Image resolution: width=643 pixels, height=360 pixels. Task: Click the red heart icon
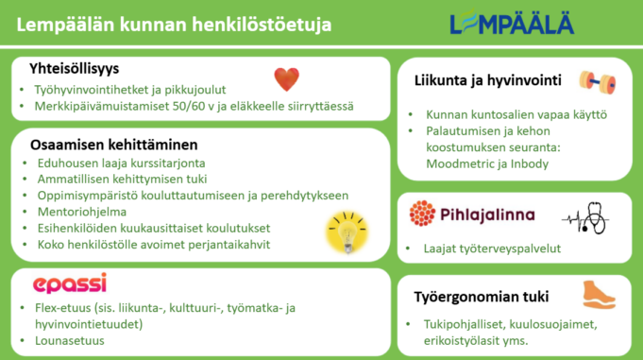tap(287, 78)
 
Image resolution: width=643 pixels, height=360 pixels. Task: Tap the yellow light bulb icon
tap(347, 232)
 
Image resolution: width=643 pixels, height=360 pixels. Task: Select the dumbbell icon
tap(598, 82)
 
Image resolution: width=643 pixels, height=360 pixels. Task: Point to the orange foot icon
tap(600, 295)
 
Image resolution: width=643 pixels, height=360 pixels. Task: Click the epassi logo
tap(70, 283)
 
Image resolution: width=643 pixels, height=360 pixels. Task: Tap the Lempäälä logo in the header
tap(512, 23)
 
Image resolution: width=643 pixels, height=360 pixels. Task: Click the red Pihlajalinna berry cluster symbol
tap(422, 214)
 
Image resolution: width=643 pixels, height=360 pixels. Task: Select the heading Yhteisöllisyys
tap(75, 69)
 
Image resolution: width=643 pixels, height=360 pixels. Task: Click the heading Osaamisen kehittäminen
tap(114, 145)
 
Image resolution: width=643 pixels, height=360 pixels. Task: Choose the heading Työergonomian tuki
tap(481, 297)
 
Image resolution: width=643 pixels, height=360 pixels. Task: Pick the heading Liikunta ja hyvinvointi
tap(487, 80)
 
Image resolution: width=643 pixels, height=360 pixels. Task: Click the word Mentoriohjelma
tap(82, 212)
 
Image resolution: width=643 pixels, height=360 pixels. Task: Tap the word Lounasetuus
tap(70, 341)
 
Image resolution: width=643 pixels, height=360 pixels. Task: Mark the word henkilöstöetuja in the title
tap(262, 25)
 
